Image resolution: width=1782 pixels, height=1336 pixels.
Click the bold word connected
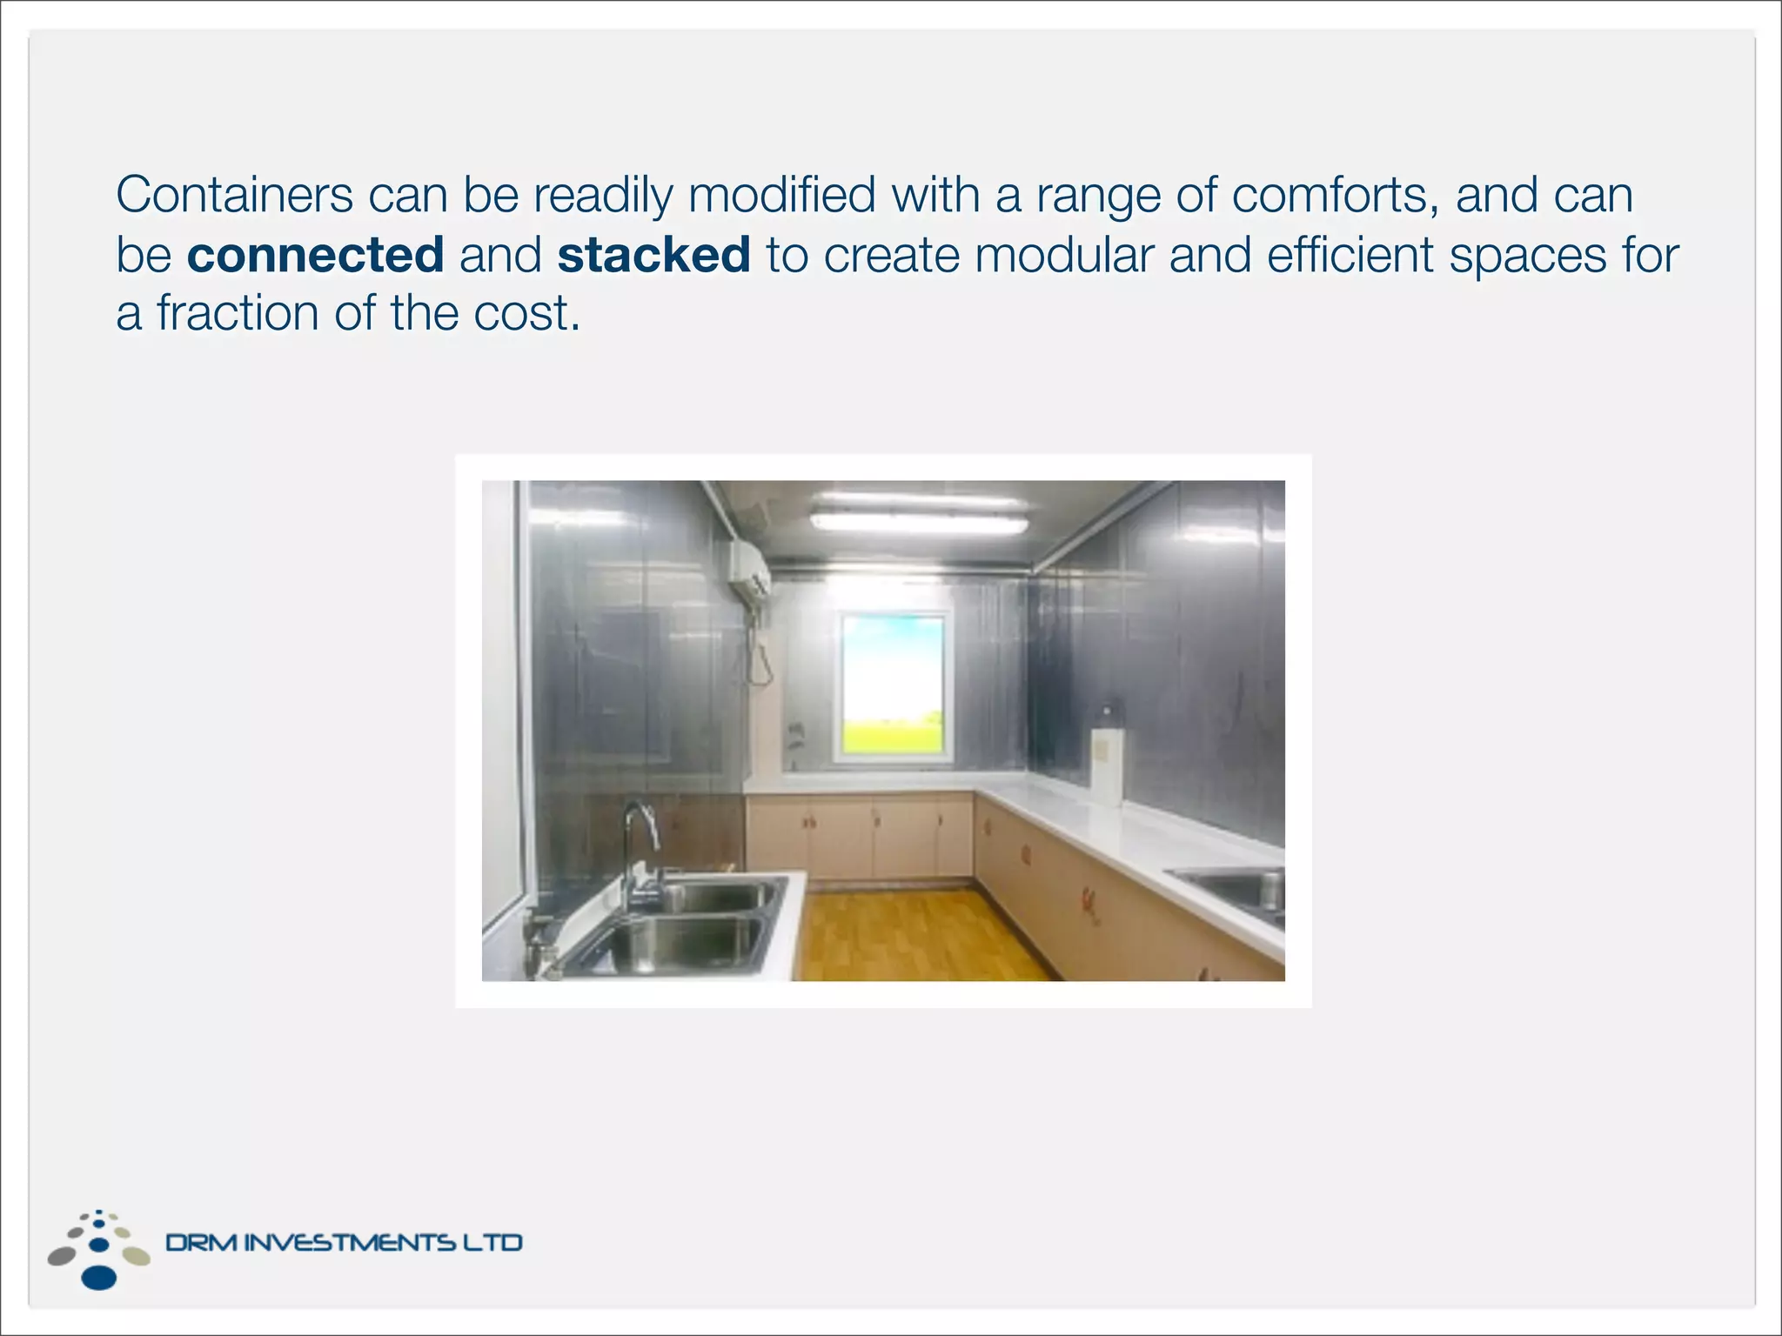[x=315, y=255]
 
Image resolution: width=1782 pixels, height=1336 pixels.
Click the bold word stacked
[x=653, y=255]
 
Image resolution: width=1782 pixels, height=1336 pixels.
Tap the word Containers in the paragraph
[x=234, y=195]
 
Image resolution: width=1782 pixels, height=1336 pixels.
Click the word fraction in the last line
[x=238, y=313]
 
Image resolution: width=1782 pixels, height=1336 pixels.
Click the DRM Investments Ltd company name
[x=344, y=1242]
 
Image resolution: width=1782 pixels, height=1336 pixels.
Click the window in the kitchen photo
[x=894, y=686]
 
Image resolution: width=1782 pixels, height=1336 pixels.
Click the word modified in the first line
[x=781, y=195]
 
